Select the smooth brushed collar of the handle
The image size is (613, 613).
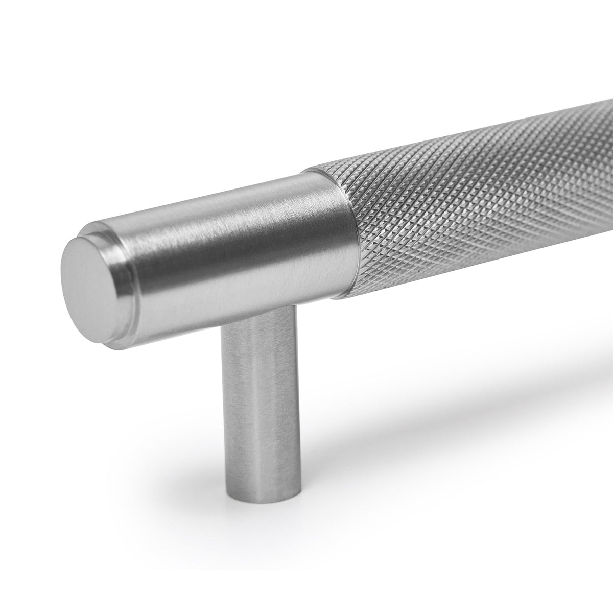pos(230,245)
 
